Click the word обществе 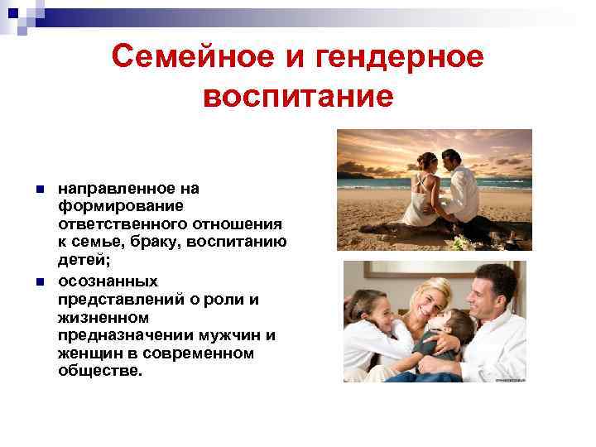coord(100,371)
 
